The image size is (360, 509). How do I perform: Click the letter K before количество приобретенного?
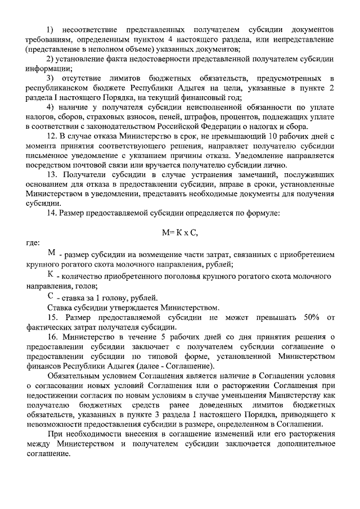[x=51, y=275]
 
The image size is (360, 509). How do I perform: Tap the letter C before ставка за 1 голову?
[x=51, y=296]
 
